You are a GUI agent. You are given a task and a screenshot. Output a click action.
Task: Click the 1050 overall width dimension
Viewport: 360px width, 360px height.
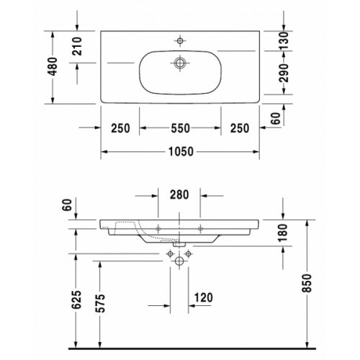(180, 153)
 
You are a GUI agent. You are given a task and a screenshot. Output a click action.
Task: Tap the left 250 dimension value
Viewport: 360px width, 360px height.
(120, 128)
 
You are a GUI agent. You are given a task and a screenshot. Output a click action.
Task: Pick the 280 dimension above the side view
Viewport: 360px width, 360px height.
(179, 194)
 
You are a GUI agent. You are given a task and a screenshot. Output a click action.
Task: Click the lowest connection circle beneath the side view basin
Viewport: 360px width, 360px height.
(176, 263)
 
